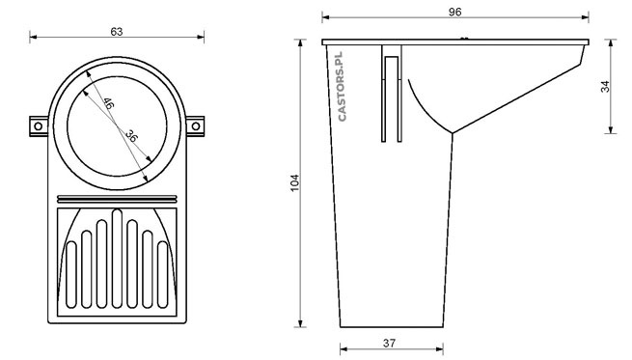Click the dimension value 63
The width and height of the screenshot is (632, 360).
coord(117,32)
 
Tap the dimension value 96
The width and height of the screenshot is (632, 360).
coord(455,13)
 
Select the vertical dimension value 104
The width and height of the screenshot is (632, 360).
coord(295,182)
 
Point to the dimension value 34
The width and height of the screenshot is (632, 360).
coord(605,87)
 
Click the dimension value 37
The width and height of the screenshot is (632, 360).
coord(389,343)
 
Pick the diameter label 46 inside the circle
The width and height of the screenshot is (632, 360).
coord(108,103)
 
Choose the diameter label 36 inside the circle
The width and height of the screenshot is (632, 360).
coord(131,135)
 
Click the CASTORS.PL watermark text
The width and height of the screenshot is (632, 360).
coord(342,86)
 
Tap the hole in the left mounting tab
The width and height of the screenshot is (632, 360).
coord(38,126)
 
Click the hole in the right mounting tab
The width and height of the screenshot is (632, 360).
coord(196,126)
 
